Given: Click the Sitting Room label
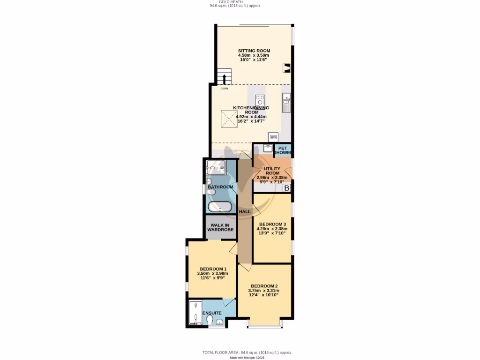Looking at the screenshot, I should coord(254,51).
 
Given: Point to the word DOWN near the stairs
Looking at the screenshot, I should coord(224,88).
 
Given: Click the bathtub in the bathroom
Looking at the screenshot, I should coord(220,206).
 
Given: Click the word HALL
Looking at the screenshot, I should coord(245,212).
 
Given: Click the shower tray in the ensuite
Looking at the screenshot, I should coord(195,313).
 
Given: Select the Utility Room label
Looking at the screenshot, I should coord(272,171).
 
